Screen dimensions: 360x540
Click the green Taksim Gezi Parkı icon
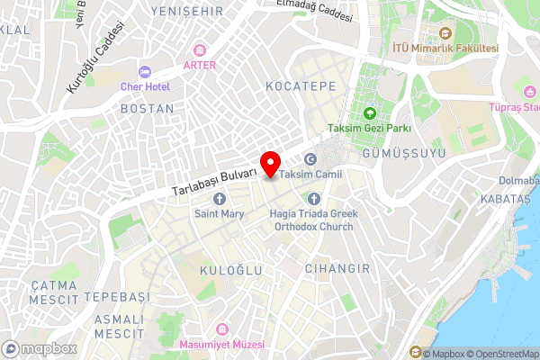tap(369, 113)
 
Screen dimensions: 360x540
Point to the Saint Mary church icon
tap(218, 199)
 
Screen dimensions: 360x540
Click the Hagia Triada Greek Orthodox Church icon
tap(313, 199)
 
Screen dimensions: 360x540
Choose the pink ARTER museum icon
tap(200, 49)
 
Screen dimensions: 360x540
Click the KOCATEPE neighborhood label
tap(301, 85)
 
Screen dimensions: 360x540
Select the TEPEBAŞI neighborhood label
tap(115, 296)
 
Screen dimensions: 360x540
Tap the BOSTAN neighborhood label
tap(147, 107)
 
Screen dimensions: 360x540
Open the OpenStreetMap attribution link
tap(503, 354)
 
